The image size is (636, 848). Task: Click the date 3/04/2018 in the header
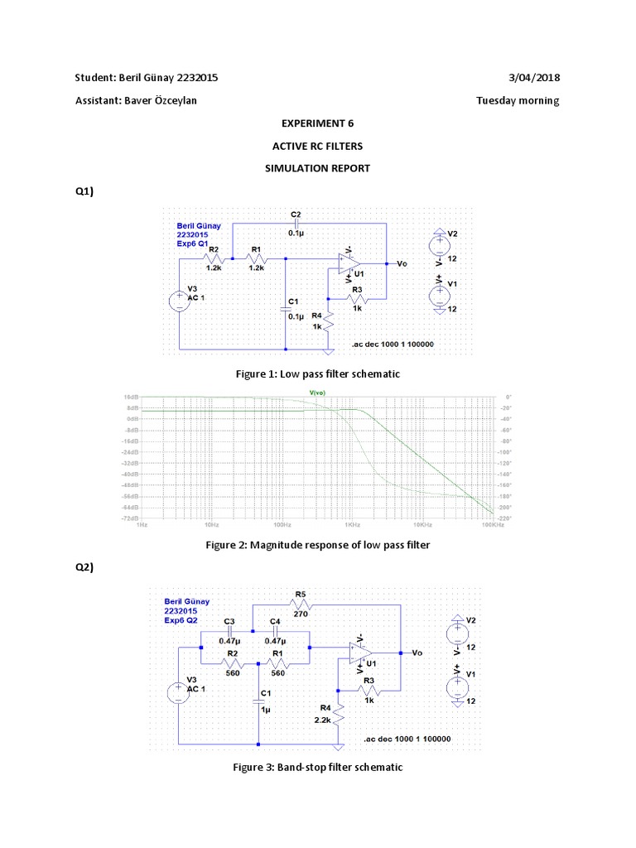[x=534, y=78]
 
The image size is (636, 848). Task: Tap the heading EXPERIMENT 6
[x=318, y=123]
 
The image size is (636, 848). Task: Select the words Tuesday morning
[x=518, y=101]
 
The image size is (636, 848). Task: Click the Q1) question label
[x=85, y=192]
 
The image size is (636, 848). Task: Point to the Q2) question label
[x=85, y=567]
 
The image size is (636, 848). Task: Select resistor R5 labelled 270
[x=300, y=604]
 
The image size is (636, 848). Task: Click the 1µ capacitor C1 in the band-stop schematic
[x=258, y=701]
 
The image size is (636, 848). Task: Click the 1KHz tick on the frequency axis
[x=352, y=525]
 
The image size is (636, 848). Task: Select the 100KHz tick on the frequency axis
[x=492, y=525]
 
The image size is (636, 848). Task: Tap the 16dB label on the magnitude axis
[x=130, y=397]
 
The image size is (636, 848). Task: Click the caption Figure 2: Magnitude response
[x=317, y=545]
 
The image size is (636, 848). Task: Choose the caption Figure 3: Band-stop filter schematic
[x=317, y=767]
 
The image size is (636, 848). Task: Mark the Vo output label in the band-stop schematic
[x=417, y=653]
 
